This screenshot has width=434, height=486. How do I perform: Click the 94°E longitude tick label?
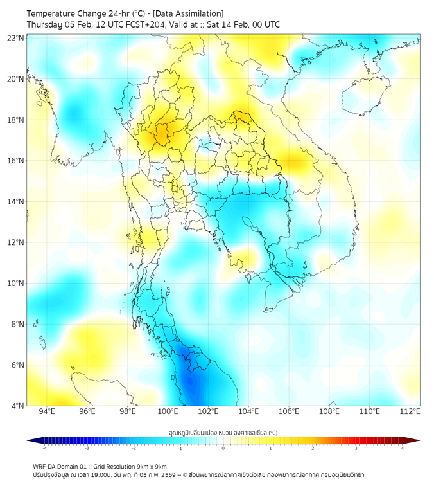pos(47,411)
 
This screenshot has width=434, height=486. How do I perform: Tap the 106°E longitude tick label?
pos(289,411)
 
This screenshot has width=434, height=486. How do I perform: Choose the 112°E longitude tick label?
pos(410,411)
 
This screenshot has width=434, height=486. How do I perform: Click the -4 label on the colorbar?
pos(44,449)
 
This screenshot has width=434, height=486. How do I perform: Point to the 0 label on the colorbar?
pos(223,449)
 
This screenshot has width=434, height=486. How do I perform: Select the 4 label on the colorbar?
pos(402,449)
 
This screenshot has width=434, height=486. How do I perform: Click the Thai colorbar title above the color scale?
pos(223,432)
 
